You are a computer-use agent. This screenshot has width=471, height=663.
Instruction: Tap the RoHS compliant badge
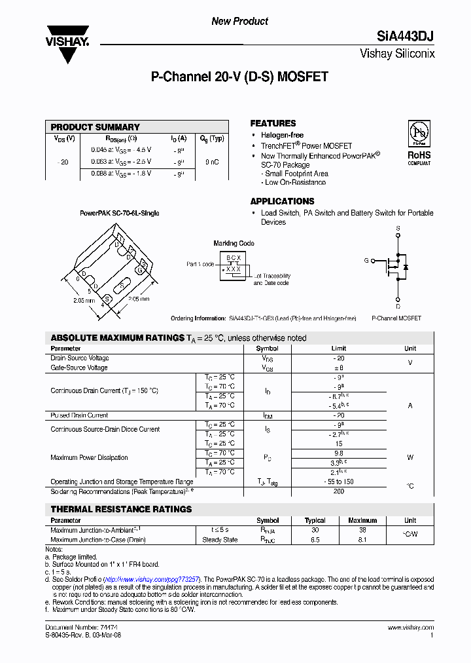[419, 143]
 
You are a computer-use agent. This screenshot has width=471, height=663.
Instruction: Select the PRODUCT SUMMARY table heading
[96, 127]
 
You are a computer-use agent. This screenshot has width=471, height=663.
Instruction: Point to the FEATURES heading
[273, 123]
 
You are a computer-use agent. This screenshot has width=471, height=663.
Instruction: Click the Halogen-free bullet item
[282, 135]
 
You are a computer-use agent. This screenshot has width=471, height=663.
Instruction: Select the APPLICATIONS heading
[282, 201]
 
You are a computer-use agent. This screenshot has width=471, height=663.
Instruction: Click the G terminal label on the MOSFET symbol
[366, 261]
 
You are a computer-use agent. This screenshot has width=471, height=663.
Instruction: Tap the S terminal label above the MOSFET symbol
[397, 229]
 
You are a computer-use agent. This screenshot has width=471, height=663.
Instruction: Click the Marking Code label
[234, 244]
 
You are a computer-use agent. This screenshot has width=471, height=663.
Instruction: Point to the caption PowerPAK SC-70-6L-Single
[120, 214]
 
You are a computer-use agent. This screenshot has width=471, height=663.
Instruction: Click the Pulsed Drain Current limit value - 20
[338, 415]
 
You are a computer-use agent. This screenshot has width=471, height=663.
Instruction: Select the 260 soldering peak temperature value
[338, 491]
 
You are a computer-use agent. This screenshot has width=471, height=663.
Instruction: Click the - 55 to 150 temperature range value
[338, 482]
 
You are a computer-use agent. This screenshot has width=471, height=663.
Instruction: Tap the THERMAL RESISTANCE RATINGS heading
[121, 509]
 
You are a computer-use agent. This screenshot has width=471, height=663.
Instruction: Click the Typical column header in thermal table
[315, 521]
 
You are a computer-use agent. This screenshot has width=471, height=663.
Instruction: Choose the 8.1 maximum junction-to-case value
[362, 540]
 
